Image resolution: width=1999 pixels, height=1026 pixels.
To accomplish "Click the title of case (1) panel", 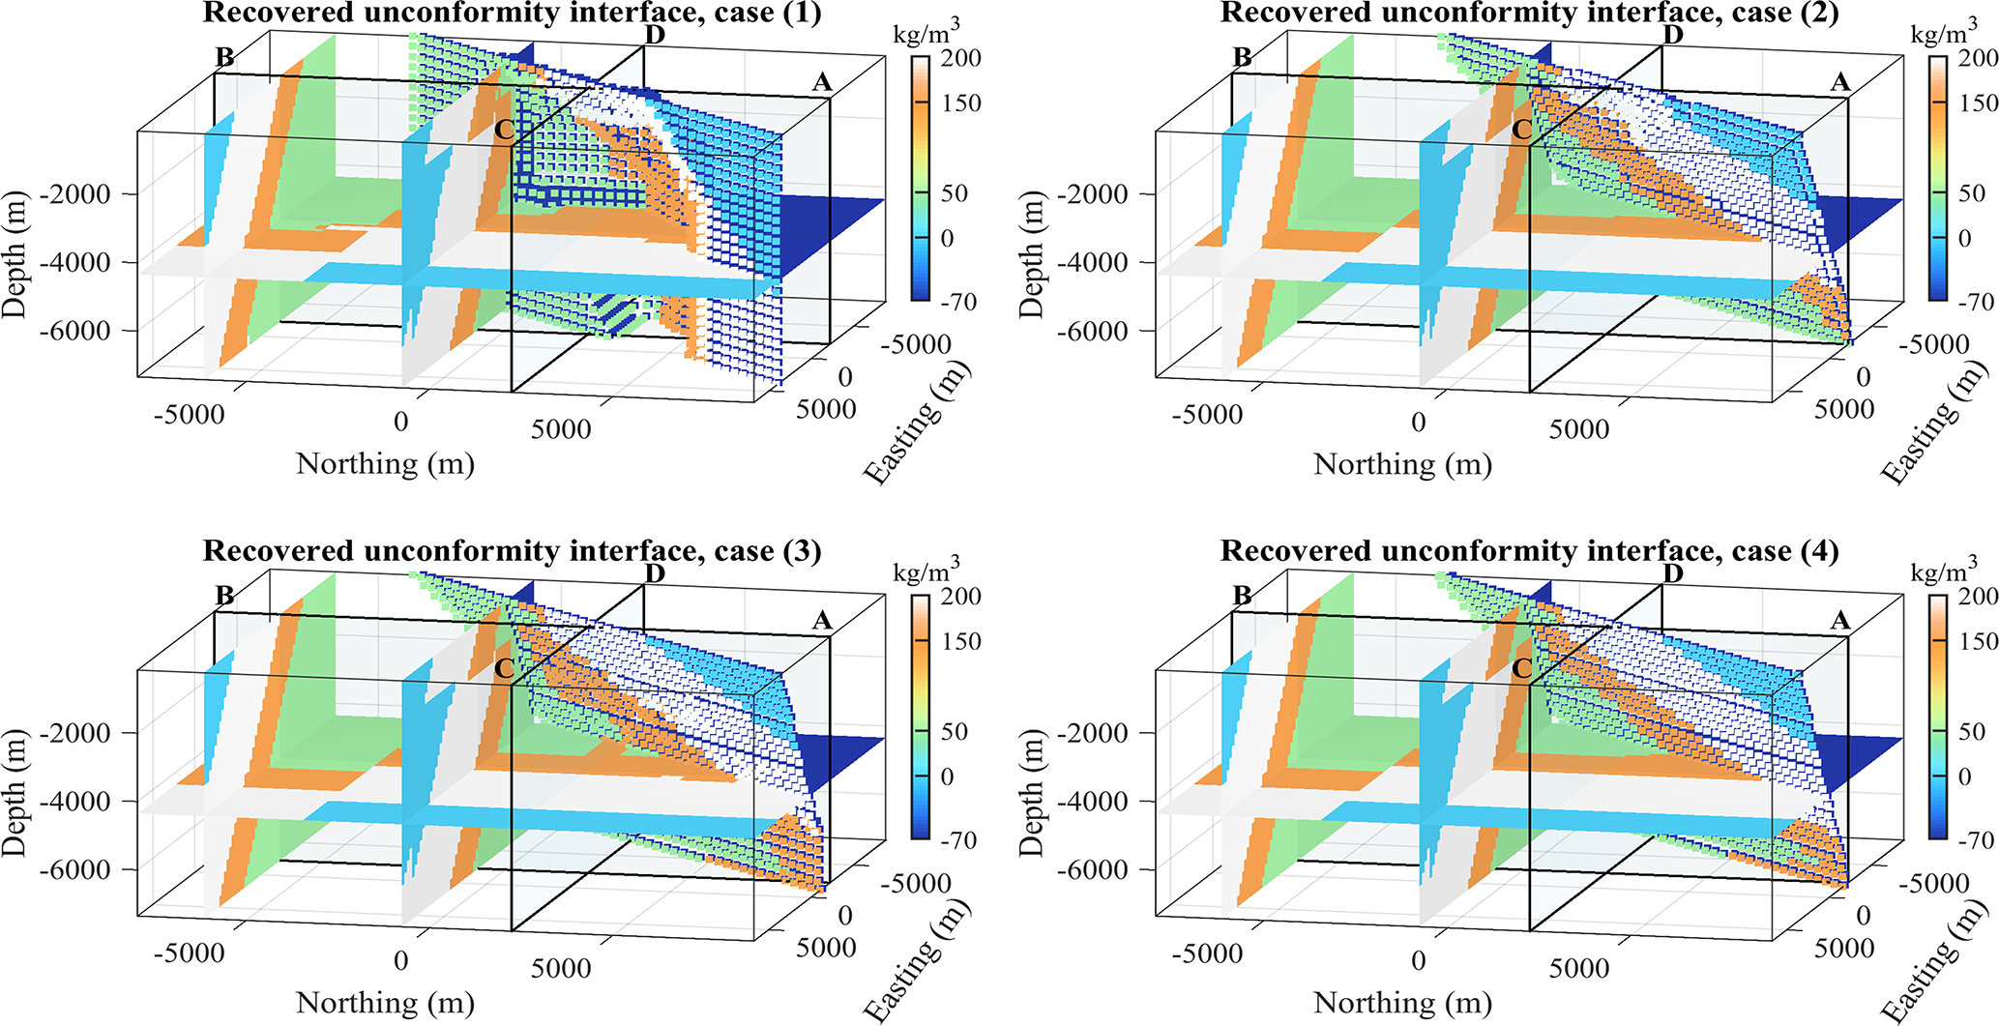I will pos(512,13).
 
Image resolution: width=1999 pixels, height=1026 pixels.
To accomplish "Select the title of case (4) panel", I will pos(1529,551).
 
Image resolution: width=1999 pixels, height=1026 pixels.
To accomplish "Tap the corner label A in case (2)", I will pos(1839,83).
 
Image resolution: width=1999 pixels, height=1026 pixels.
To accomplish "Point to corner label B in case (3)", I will pos(224,596).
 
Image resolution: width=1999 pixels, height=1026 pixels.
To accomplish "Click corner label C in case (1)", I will pos(503,130).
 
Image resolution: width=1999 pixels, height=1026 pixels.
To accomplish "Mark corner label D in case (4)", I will pos(1673,574).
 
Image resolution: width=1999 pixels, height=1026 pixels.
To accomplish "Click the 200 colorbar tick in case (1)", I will pos(961,58).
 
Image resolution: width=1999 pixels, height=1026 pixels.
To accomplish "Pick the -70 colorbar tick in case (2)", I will pos(1975,302).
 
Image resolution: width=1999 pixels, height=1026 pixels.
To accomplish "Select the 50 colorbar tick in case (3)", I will pos(955,732).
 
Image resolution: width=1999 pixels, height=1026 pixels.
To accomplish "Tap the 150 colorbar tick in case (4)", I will pos(1979,642).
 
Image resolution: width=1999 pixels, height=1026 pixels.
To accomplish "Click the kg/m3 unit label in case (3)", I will pos(926,572).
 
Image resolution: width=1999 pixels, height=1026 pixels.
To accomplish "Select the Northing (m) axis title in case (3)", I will pos(385,1003).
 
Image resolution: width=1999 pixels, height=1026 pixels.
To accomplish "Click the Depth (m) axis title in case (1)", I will pos(15,254).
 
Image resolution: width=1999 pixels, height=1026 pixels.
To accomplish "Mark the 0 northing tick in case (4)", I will pos(1418,961).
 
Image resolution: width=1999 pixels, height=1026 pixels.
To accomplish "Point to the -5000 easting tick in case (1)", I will pos(916,344).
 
